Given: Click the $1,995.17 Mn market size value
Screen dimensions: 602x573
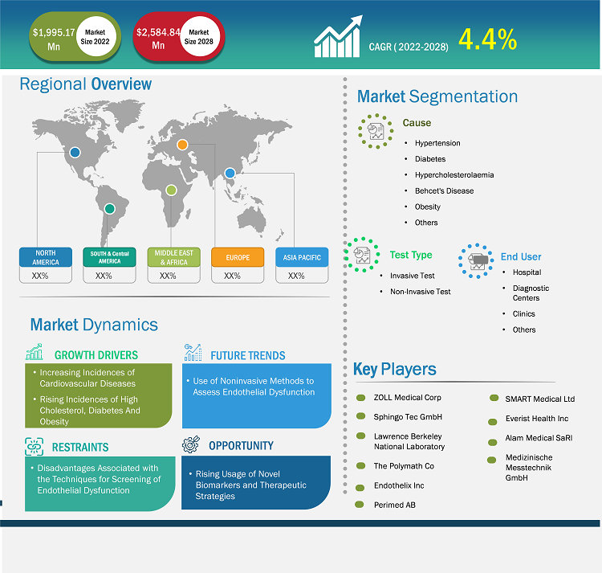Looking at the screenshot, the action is pos(54,39).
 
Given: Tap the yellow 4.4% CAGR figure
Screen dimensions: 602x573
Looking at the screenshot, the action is pos(487,39).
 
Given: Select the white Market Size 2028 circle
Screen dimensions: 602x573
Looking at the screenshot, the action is pos(198,36).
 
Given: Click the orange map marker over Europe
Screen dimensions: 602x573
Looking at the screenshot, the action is pos(182,145).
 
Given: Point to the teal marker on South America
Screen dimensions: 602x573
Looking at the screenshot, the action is pos(110,209).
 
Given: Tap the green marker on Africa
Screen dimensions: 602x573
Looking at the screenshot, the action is pos(171,190).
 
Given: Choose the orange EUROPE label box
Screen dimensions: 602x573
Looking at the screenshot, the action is pos(238,257).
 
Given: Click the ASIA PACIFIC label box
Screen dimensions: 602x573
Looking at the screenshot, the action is pos(302,257).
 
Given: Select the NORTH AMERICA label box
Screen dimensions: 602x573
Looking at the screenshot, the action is pos(46,257).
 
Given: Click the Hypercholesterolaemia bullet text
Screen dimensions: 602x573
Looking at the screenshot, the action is pos(454,175).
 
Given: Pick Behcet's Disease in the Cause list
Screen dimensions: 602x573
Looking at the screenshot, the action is pos(444,190).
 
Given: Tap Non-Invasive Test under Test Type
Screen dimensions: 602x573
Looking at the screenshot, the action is pos(421,292).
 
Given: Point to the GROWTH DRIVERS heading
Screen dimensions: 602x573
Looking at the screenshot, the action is pos(96,355).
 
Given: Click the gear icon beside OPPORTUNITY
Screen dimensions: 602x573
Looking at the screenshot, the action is pos(191,444).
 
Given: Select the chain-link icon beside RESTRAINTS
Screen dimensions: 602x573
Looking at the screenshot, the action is pos(35,447).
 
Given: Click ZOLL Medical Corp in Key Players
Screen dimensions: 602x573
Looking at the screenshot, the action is pos(407,397).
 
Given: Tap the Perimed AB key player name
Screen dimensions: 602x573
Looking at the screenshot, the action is pos(395,505).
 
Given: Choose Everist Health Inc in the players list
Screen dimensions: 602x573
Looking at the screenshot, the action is pos(537,419).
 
